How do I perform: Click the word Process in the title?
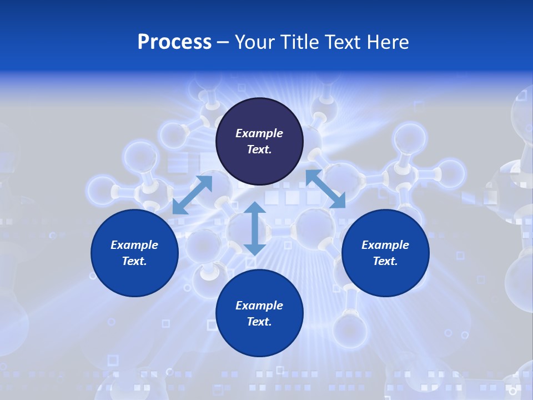(174, 42)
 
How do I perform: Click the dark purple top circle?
(259, 117)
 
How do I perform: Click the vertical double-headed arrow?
(254, 228)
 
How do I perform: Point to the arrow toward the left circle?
(192, 194)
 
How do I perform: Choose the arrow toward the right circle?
(326, 189)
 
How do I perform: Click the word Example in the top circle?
(259, 133)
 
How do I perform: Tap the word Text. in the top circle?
(259, 149)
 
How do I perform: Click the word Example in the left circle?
(134, 245)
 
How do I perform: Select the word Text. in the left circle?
(134, 261)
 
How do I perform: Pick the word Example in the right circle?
(385, 245)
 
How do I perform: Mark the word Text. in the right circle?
(385, 261)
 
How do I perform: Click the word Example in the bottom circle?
(259, 306)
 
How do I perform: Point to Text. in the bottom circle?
(259, 322)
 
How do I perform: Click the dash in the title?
(223, 42)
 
